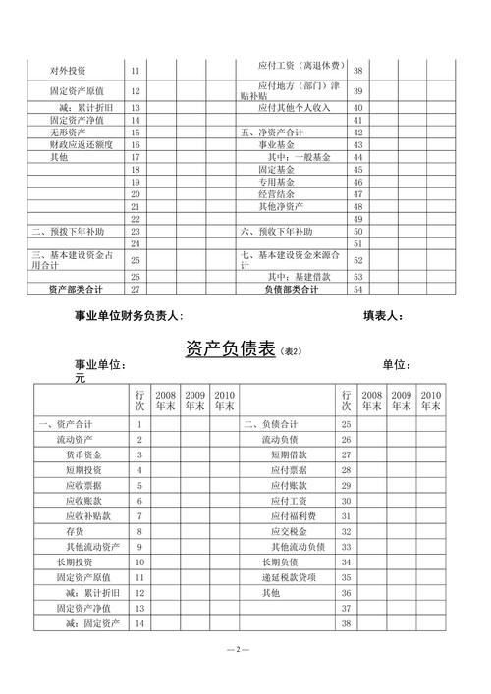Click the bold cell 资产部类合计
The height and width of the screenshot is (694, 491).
pyautogui.click(x=76, y=290)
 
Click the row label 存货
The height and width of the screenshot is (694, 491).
pyautogui.click(x=75, y=531)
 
